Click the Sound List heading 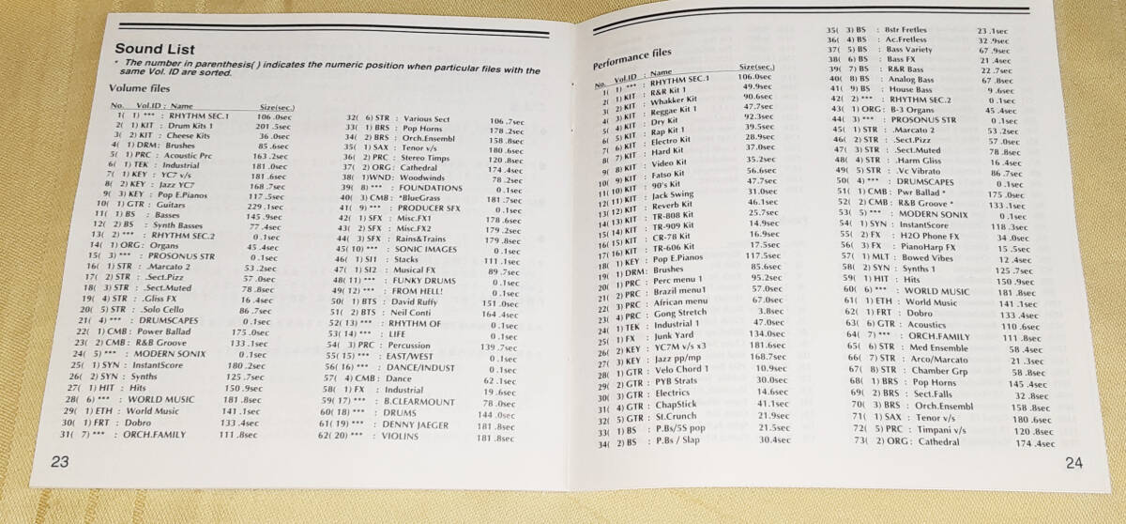[155, 49]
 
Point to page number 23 [60, 460]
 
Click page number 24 [1073, 463]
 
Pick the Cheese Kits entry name [189, 136]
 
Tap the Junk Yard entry [676, 333]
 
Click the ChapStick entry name [677, 404]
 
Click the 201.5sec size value [275, 126]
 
